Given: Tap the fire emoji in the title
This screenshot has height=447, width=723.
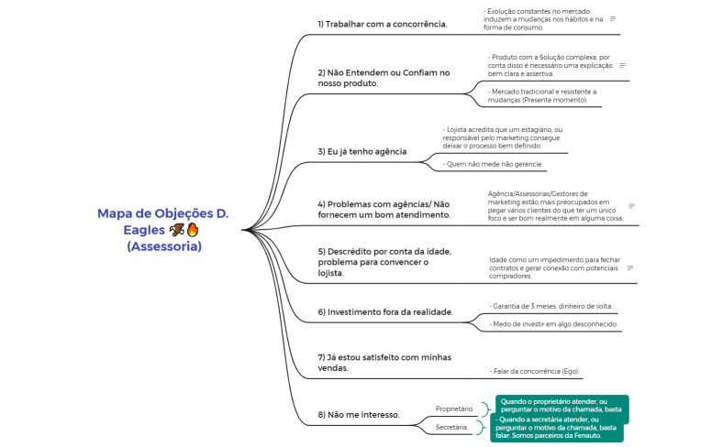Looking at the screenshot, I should [193, 230].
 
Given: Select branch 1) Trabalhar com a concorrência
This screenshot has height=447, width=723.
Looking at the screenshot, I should [382, 24].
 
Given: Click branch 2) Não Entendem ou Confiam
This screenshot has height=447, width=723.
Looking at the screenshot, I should [384, 78].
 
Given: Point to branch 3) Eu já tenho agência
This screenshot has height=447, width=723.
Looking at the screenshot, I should [361, 151].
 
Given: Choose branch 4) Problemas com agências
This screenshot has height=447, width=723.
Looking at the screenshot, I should [384, 209].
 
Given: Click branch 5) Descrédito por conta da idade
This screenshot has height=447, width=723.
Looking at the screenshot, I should [384, 262].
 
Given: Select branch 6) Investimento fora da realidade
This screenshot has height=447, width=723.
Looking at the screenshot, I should [385, 312].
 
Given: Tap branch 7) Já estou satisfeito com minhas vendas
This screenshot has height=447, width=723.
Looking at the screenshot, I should [371, 363].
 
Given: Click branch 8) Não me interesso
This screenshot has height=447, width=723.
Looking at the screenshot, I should [358, 415].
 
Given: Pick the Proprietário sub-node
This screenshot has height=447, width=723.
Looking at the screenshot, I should [454, 409].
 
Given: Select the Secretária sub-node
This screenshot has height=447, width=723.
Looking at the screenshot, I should [452, 427].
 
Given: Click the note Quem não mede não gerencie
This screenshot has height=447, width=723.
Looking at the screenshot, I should [494, 165].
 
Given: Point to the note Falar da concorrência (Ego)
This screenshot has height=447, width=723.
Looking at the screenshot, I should [535, 371].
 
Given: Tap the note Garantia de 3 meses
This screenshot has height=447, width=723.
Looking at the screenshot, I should [552, 306].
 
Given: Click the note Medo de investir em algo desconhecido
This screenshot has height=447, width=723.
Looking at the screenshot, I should [554, 324].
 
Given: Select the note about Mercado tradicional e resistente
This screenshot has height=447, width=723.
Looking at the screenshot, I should [542, 95].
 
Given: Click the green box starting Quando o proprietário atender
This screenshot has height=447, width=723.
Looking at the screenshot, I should [562, 405].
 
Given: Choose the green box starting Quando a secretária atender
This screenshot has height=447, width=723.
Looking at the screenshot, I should [558, 427].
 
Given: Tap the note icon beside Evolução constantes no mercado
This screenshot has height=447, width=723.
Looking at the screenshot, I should [613, 18].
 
